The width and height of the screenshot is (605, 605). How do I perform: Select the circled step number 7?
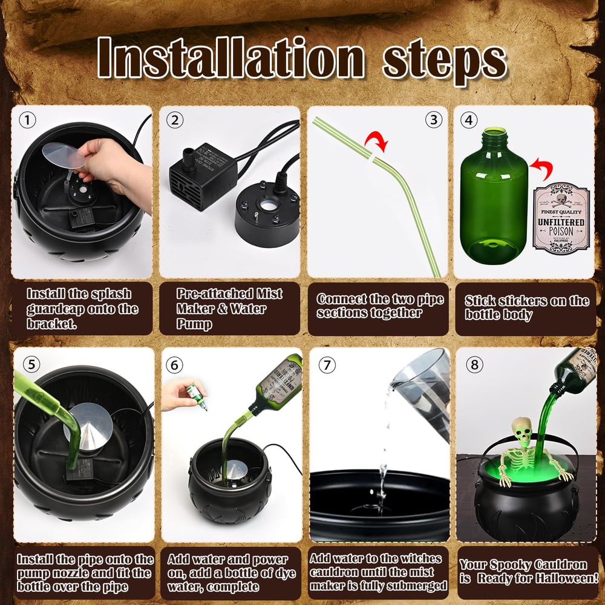(x=327, y=365)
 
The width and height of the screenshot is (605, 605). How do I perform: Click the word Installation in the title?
(x=232, y=59)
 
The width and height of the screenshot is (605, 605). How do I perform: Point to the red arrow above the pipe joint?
(x=376, y=143)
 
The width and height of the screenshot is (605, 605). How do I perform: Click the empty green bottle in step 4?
(x=494, y=194)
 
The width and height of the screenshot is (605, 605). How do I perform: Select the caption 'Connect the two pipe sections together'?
(x=380, y=306)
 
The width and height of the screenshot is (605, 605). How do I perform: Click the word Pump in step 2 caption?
(x=195, y=324)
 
